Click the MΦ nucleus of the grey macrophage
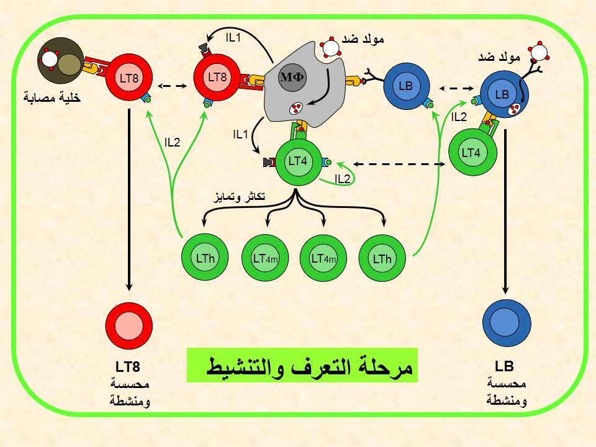[x=292, y=77]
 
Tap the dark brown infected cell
[x=61, y=60]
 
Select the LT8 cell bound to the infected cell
[x=129, y=78]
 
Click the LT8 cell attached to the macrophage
[x=217, y=77]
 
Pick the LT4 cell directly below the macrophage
[x=297, y=161]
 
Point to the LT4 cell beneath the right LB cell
[x=472, y=153]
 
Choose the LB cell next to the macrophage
[x=406, y=86]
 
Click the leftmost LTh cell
[x=205, y=257]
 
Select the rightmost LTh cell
[x=382, y=258]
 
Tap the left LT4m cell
[x=265, y=258]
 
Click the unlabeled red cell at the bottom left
[x=129, y=326]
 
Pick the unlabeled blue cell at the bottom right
[x=507, y=323]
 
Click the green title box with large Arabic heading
[x=302, y=365]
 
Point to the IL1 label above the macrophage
[x=233, y=38]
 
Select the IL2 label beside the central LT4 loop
[x=342, y=179]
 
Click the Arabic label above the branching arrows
[x=239, y=197]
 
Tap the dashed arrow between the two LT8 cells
[x=173, y=86]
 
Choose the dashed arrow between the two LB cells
[x=456, y=89]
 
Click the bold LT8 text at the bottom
[x=128, y=367]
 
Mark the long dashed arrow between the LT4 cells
[x=399, y=164]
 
